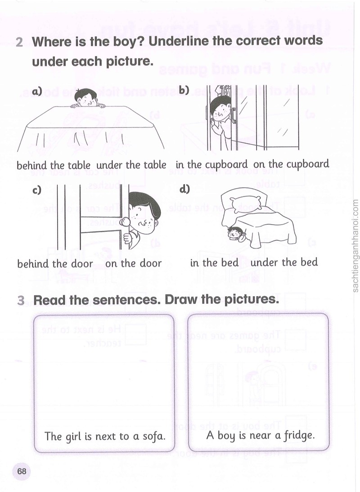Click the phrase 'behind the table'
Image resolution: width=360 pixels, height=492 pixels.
[53, 165]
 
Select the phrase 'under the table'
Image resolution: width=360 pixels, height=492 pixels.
[131, 165]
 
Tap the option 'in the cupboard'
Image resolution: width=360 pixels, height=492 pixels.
[211, 165]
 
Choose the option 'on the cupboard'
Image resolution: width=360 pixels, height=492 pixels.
[291, 164]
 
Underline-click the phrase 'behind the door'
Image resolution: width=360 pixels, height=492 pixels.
[55, 264]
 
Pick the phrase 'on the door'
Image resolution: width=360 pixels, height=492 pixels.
[133, 263]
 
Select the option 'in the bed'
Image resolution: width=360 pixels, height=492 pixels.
[214, 262]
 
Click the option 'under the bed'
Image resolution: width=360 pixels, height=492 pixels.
[284, 262]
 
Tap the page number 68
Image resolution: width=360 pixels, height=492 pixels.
[22, 471]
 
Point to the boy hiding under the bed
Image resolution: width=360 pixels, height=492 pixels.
[236, 233]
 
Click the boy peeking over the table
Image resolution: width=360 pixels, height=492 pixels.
[87, 99]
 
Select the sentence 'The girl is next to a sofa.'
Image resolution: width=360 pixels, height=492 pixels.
[105, 437]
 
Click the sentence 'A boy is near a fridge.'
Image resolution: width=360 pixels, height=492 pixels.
[260, 436]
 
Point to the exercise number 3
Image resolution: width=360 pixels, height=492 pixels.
[21, 300]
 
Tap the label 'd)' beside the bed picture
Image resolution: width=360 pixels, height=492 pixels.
[184, 189]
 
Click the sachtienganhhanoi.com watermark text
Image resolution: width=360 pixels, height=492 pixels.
[355, 246]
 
